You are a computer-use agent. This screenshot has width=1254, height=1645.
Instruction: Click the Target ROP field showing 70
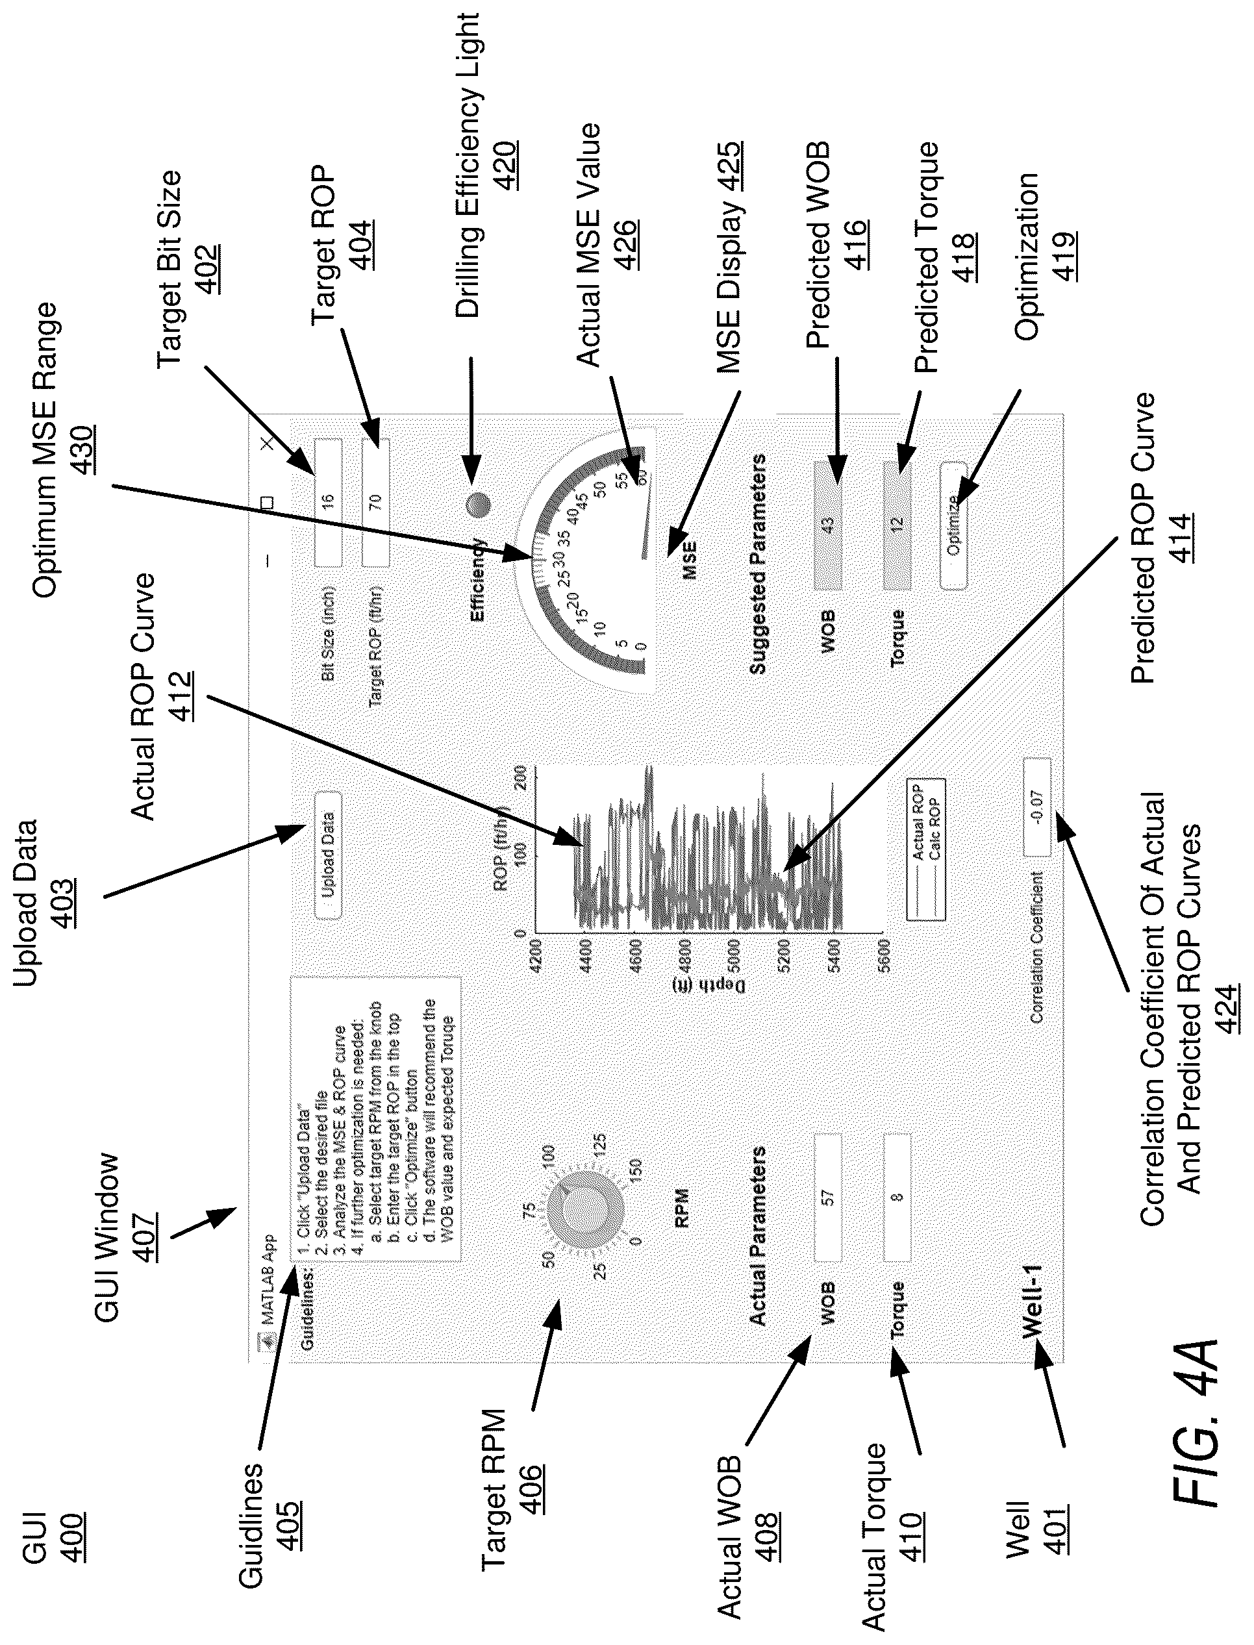(x=375, y=501)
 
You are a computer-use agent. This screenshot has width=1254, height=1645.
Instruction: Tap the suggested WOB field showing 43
(x=827, y=524)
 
